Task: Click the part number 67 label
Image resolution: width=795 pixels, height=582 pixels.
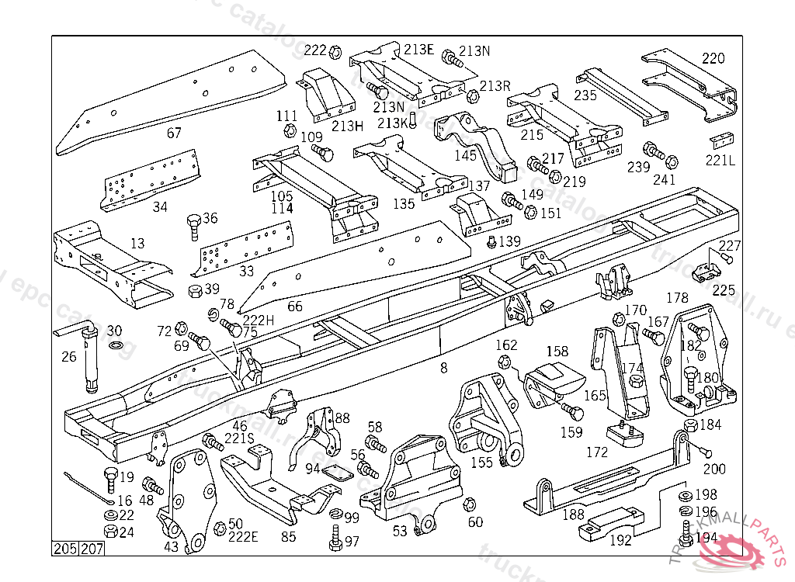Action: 174,133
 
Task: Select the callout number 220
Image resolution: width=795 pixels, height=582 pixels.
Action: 713,58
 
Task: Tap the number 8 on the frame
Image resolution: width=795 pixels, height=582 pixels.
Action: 443,368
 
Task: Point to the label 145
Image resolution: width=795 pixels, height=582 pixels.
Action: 465,156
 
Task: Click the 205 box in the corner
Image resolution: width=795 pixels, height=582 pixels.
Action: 65,549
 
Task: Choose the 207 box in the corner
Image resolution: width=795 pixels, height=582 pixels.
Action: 91,549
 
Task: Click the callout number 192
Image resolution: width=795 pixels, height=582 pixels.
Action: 620,541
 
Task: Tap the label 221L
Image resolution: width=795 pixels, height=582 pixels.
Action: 720,160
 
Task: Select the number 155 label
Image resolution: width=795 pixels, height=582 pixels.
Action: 481,462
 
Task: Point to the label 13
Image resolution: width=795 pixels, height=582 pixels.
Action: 137,244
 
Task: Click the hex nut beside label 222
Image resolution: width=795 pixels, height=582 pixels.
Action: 335,52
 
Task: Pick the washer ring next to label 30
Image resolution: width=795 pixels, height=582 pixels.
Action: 116,344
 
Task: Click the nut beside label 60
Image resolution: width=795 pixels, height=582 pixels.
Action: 469,505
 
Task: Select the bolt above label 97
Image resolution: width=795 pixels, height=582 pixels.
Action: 335,535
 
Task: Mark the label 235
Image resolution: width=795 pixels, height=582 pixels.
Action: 585,95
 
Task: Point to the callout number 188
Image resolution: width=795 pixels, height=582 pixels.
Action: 573,514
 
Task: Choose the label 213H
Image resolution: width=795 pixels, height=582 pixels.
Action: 347,126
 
